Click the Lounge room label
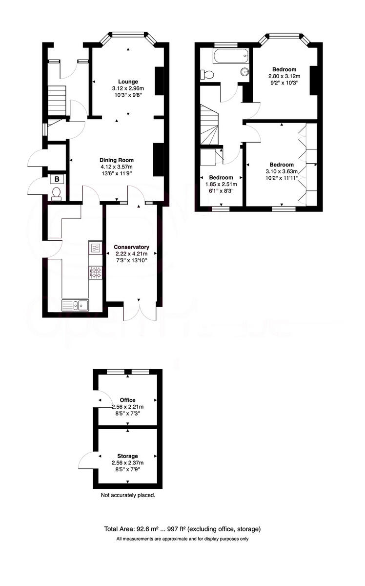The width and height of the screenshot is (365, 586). point(128,82)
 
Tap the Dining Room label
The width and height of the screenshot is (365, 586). point(117,160)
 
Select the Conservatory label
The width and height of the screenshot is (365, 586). point(131,247)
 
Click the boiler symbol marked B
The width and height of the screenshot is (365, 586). point(57,179)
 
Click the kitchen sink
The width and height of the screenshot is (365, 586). point(75,306)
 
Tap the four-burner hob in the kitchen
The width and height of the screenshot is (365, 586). point(95,272)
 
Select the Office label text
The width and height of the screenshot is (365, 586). point(128,400)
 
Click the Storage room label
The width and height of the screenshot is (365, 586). point(128,456)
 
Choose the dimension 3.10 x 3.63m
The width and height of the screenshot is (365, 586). point(281,171)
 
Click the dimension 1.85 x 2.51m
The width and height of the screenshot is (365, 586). point(221,184)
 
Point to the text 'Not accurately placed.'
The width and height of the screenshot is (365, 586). point(128,495)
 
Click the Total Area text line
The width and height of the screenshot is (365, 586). point(182,529)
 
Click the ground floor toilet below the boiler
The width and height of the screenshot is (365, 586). point(56,195)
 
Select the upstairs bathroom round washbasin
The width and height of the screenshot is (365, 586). point(245,72)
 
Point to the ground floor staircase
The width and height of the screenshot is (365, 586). point(57,100)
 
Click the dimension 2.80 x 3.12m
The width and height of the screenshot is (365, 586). point(284,76)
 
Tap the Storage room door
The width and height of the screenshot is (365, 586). point(87,460)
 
